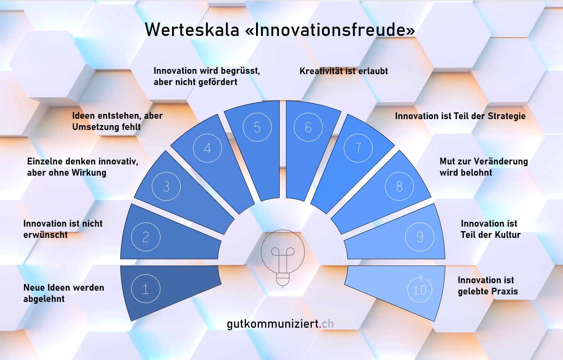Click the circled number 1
click(146, 289)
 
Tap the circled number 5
click(257, 127)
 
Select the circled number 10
click(420, 289)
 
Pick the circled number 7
click(358, 148)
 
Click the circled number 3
click(166, 187)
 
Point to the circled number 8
click(399, 187)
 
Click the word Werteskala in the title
click(192, 30)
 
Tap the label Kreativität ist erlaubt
click(344, 71)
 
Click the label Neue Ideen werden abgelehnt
click(64, 293)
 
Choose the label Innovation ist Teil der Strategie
click(460, 116)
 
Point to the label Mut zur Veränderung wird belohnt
click(484, 167)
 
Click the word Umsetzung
click(96, 127)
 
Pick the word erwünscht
click(45, 235)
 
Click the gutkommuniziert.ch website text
click(280, 324)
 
